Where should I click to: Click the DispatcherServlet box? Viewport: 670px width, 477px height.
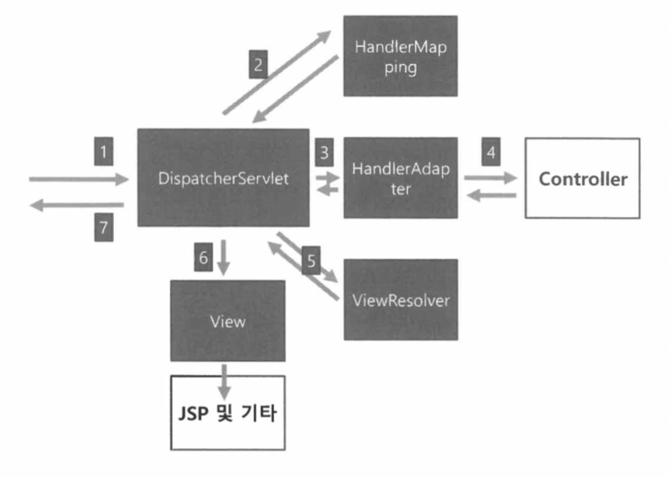[223, 178]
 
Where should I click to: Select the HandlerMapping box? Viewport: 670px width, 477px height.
[400, 56]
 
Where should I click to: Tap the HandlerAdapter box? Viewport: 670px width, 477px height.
[400, 177]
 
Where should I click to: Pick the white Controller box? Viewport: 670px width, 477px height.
[582, 179]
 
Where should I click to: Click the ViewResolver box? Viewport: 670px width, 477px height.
[400, 300]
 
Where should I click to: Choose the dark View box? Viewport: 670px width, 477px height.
[227, 321]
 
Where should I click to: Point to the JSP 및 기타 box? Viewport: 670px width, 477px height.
[227, 413]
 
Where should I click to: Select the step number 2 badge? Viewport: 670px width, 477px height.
[258, 64]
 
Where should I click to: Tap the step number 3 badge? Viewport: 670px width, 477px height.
[324, 153]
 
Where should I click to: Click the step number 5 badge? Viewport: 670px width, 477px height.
[311, 261]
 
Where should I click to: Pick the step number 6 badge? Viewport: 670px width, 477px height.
[203, 258]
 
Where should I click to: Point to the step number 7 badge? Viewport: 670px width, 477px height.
[103, 227]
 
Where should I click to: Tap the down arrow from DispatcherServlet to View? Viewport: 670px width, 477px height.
[223, 256]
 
